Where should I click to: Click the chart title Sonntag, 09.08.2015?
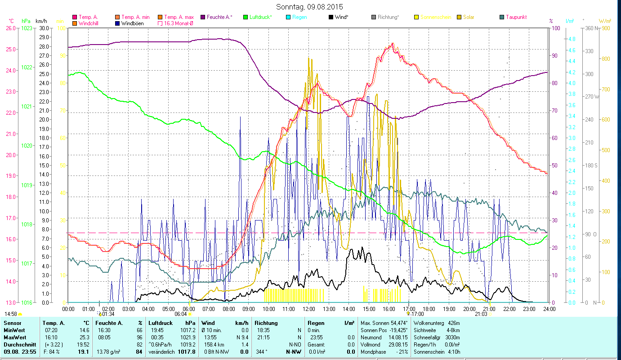click(x=310, y=7)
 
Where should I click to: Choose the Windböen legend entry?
click(x=132, y=23)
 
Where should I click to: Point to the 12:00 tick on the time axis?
click(x=309, y=309)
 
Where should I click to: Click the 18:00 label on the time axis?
click(x=429, y=309)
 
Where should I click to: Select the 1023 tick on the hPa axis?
click(x=27, y=28)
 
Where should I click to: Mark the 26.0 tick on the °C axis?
click(x=10, y=28)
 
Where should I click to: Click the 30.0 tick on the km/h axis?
click(x=44, y=28)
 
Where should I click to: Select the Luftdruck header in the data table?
click(x=160, y=323)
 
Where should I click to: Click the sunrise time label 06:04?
click(x=180, y=314)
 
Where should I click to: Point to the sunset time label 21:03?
click(x=481, y=314)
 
